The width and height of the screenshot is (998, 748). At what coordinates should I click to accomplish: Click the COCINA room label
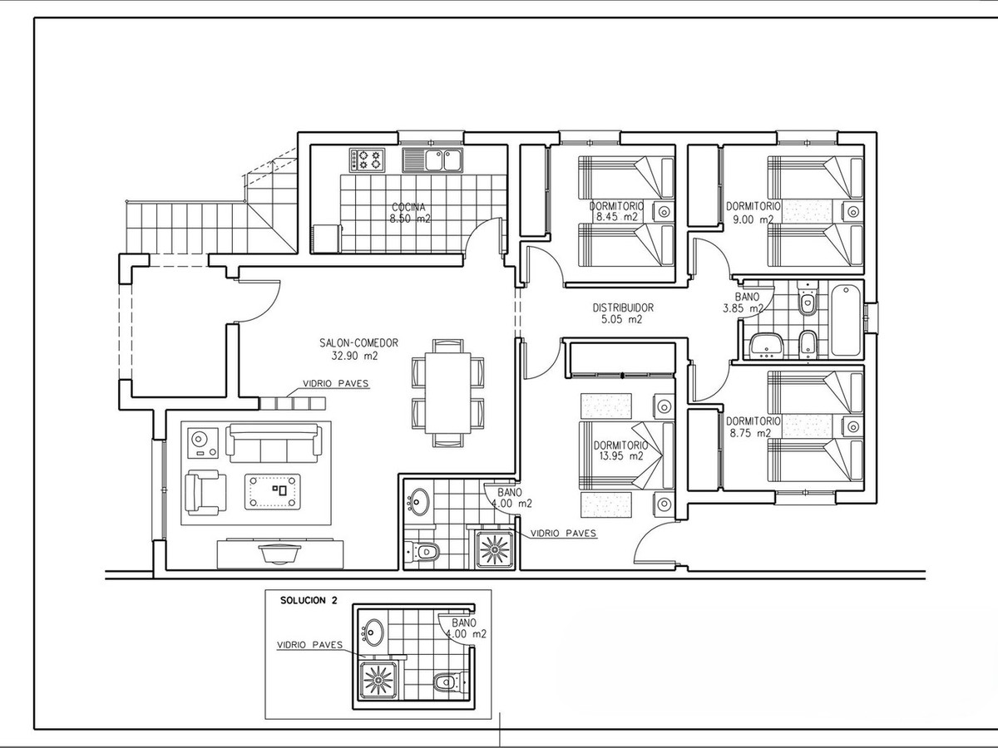pyautogui.click(x=408, y=207)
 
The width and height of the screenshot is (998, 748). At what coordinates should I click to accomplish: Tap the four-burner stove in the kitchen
pyautogui.click(x=367, y=160)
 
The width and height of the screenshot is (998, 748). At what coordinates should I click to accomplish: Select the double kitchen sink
pyautogui.click(x=432, y=160)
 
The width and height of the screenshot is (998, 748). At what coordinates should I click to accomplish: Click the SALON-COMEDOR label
pyautogui.click(x=358, y=343)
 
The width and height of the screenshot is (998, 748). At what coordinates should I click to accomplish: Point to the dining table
pyautogui.click(x=447, y=393)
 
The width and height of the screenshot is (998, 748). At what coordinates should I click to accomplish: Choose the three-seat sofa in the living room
pyautogui.click(x=273, y=443)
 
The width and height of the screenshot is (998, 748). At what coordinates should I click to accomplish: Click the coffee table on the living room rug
pyautogui.click(x=273, y=491)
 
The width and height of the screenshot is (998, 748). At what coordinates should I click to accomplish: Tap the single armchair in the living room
pyautogui.click(x=205, y=493)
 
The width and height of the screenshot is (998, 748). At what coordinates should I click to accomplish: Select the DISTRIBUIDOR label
pyautogui.click(x=623, y=308)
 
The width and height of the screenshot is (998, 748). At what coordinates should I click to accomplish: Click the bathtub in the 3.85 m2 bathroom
pyautogui.click(x=846, y=319)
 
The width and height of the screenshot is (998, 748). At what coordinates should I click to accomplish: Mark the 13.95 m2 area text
pyautogui.click(x=620, y=456)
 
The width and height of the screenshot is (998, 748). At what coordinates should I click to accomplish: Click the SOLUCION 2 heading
pyautogui.click(x=309, y=600)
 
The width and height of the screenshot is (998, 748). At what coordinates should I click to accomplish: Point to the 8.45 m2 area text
pyautogui.click(x=617, y=217)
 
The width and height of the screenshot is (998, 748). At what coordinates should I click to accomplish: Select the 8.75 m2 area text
pyautogui.click(x=750, y=433)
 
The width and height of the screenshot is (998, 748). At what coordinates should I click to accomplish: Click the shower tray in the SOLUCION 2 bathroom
pyautogui.click(x=378, y=679)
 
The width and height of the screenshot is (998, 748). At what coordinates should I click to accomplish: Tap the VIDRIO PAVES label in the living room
pyautogui.click(x=336, y=383)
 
